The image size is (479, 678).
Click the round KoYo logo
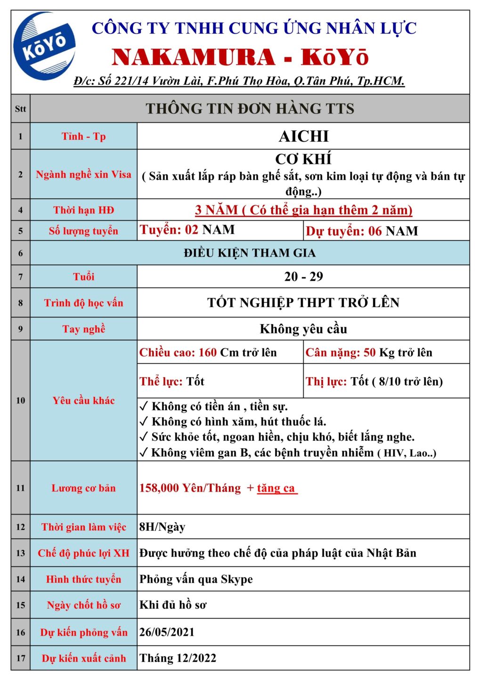click(x=44, y=46)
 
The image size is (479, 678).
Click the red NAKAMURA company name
click(x=193, y=58)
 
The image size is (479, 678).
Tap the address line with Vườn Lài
click(x=239, y=81)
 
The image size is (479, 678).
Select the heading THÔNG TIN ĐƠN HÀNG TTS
click(x=250, y=109)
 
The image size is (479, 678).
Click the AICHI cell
click(x=303, y=137)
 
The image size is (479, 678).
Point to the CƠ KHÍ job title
click(x=303, y=159)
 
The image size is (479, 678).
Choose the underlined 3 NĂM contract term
click(x=303, y=210)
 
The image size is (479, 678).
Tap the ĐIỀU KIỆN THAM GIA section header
click(x=250, y=253)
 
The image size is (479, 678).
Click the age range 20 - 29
click(x=303, y=277)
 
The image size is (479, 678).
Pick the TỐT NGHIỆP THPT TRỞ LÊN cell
click(x=303, y=303)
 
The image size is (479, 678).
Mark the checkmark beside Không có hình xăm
click(x=144, y=421)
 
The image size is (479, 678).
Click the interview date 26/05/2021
click(x=167, y=632)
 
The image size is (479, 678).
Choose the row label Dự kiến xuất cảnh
click(x=83, y=658)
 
